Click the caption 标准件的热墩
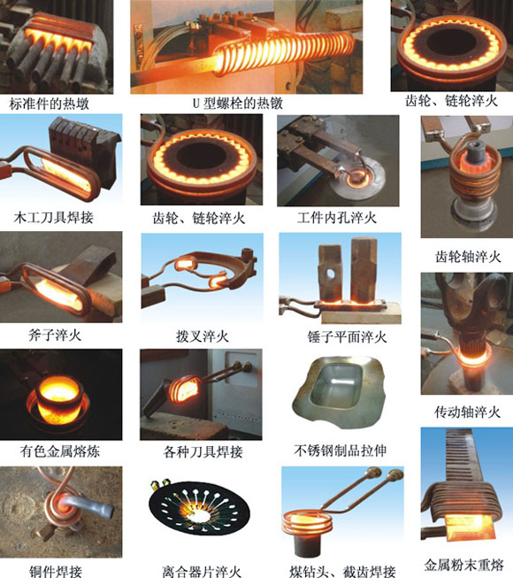(49, 104)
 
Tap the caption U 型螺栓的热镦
(238, 104)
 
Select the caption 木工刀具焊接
(53, 218)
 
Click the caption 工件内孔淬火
(337, 218)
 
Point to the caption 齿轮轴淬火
(468, 257)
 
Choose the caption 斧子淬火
(55, 335)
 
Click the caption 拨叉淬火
(203, 336)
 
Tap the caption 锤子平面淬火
(347, 337)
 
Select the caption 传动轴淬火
(467, 412)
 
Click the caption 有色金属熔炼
(60, 451)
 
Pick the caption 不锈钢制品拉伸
(341, 451)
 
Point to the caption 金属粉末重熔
(464, 565)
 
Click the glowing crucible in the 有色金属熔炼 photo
(60, 399)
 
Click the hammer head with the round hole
(330, 272)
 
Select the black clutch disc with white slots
(199, 507)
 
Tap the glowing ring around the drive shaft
(473, 356)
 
